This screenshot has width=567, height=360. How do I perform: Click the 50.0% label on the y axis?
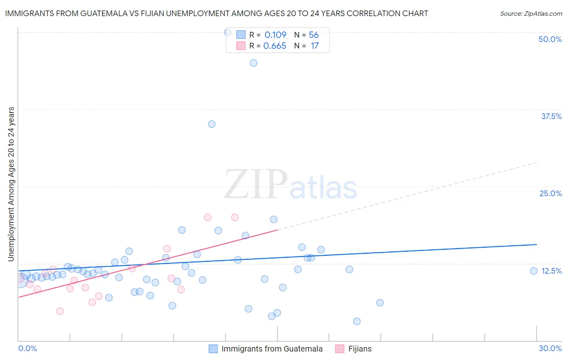point(550,39)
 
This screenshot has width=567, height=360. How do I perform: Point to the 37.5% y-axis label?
point(551,116)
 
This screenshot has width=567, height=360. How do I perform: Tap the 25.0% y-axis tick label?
point(550,193)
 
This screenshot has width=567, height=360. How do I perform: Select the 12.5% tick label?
point(551,271)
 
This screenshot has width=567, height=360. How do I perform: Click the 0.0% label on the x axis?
point(27,348)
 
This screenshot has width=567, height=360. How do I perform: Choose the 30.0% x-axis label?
point(550,348)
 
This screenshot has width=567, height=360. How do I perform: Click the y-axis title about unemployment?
point(11,184)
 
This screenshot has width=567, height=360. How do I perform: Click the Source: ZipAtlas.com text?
point(531,13)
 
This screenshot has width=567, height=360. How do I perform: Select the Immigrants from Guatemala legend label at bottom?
point(272,349)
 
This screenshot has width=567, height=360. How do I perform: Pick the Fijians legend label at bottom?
point(360,349)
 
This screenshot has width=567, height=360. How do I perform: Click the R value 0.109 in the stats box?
point(275,35)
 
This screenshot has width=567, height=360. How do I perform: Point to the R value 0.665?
point(275,46)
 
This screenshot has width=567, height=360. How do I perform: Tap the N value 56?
point(314,35)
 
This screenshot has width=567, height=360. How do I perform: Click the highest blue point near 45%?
point(253,63)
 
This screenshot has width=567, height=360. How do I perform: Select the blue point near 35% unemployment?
point(212,124)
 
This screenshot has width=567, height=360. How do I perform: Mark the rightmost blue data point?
point(534,271)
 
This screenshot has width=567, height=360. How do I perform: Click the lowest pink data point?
point(60,311)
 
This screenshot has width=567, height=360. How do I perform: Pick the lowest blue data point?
point(357,321)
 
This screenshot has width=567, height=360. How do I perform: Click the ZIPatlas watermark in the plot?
point(290,185)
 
